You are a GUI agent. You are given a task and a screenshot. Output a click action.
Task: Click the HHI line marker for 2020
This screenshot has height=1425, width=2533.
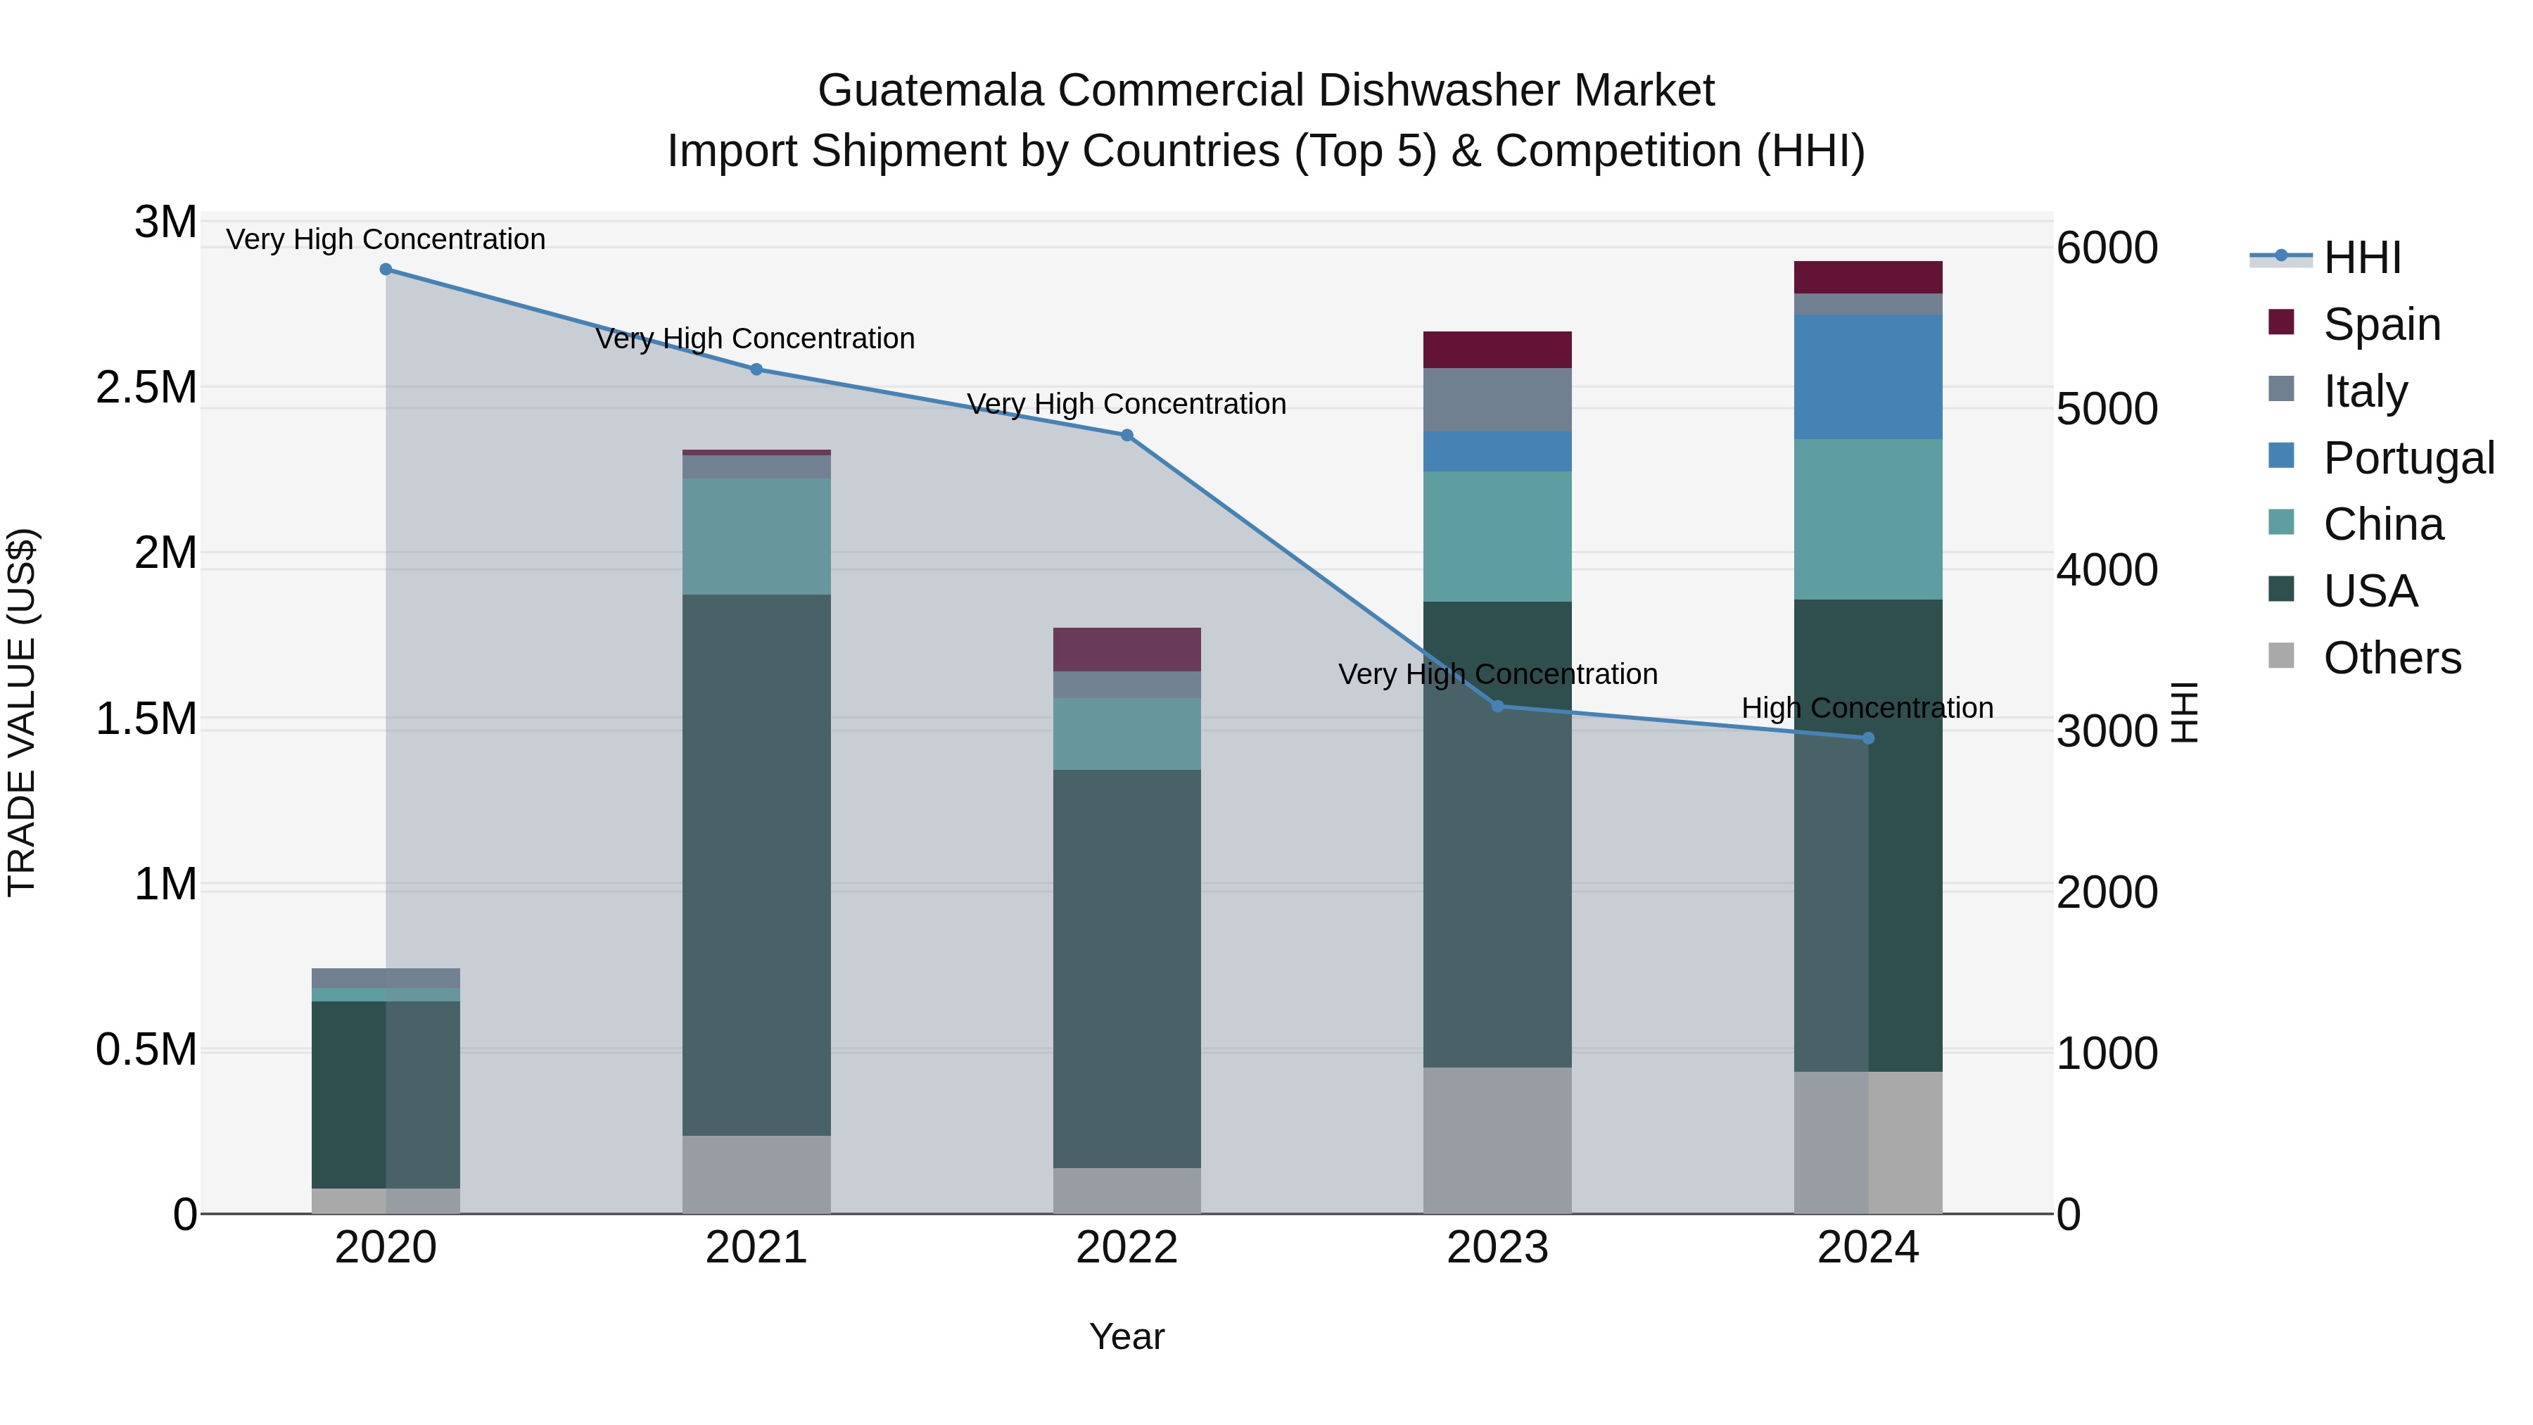[x=386, y=270]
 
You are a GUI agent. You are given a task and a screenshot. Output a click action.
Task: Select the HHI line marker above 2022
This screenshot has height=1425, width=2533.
[x=1127, y=436]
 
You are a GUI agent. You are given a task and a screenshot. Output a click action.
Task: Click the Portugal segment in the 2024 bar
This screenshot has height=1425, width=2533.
[x=1868, y=376]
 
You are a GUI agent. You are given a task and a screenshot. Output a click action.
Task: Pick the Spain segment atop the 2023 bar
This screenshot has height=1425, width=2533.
[x=1497, y=350]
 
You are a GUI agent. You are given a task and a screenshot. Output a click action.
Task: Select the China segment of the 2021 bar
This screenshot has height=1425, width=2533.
[x=756, y=536]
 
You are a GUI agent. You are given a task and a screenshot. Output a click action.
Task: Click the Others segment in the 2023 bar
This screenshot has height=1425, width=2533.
[x=1497, y=1141]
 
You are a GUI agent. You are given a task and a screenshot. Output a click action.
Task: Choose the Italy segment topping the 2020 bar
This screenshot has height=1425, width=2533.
[x=386, y=977]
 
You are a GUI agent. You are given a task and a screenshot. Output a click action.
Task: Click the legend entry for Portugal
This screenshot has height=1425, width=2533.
[x=2408, y=458]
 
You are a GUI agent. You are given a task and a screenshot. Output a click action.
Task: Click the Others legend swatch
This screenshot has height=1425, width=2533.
[x=2281, y=656]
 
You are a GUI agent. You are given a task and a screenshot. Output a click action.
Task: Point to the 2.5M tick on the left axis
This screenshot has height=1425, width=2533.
[x=146, y=388]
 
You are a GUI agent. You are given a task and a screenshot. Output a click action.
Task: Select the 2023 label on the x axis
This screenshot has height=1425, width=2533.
[x=1497, y=1248]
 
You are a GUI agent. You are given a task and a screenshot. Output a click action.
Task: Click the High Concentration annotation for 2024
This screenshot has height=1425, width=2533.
[x=1867, y=708]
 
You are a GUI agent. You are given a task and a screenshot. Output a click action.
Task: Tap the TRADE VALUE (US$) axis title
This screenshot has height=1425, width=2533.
[x=22, y=712]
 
